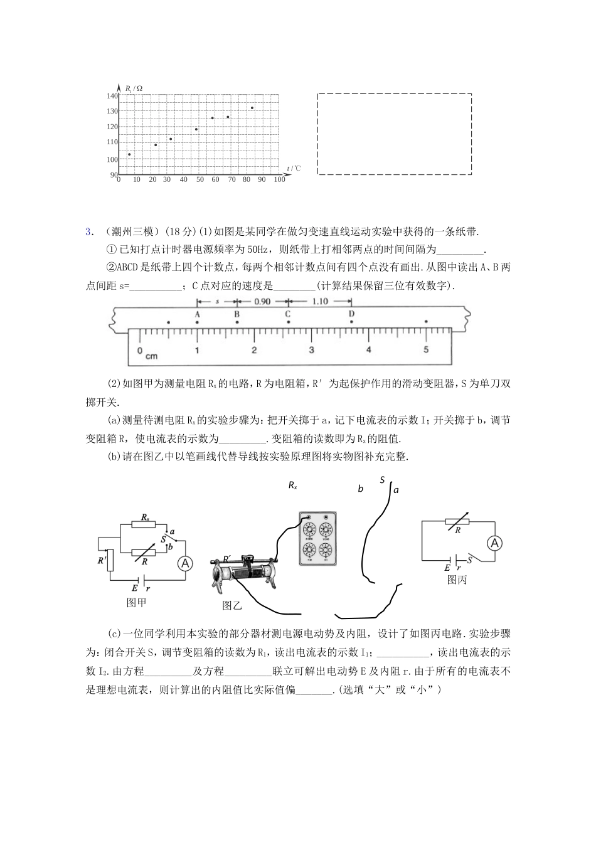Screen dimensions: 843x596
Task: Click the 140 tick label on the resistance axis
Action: click(112, 96)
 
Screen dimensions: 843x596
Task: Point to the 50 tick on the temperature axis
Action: click(200, 179)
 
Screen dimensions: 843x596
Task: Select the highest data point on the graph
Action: click(252, 108)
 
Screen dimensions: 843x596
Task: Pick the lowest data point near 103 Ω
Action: click(129, 154)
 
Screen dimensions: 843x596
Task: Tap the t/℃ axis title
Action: click(293, 168)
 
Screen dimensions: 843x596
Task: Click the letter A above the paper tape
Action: click(198, 314)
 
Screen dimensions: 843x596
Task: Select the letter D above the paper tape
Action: click(352, 314)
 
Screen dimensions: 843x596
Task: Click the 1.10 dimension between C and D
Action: click(319, 301)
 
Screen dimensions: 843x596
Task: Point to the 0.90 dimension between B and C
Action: click(262, 301)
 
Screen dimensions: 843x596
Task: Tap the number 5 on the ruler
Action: click(426, 349)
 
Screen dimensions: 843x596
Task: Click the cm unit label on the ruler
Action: click(151, 356)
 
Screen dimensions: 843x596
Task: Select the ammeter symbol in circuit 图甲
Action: click(184, 564)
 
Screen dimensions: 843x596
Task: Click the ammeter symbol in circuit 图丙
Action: click(494, 543)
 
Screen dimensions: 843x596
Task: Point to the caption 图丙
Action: click(457, 580)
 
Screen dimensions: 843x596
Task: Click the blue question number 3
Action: click(88, 231)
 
